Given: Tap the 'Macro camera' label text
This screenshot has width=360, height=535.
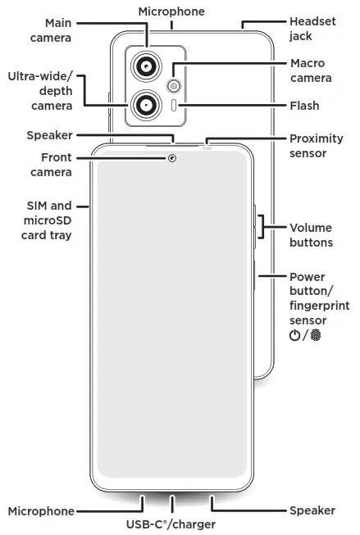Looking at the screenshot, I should point(311,70).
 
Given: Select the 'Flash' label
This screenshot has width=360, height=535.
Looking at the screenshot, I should point(304,106).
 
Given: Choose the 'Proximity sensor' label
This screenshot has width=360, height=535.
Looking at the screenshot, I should point(316,146).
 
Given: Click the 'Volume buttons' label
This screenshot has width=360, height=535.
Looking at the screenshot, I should point(311,235).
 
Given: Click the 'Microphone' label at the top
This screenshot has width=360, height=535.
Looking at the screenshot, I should point(171,11).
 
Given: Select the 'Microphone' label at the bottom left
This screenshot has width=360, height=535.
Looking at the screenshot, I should point(40,510).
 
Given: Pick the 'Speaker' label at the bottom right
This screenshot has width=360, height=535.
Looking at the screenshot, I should point(312,510).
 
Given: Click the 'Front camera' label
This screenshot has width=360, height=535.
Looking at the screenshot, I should point(52,164).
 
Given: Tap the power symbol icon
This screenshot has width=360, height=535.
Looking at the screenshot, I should point(294,336).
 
